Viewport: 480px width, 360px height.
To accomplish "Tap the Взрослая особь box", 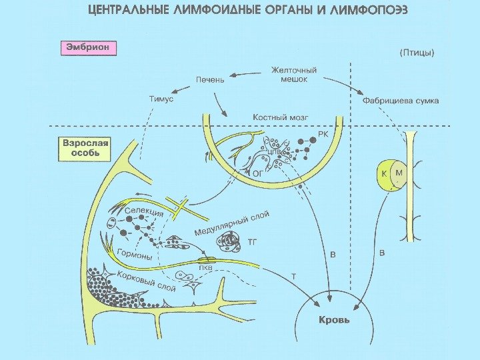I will tap(85, 148).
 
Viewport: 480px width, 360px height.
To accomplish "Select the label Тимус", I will tap(160, 98).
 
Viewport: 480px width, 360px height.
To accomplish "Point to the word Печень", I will tap(209, 79).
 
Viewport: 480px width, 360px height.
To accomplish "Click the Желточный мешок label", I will tap(293, 74).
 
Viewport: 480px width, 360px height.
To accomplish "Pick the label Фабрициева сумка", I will tap(400, 101).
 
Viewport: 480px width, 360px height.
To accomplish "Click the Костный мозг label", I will tap(280, 117).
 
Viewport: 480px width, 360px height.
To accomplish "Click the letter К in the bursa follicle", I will tap(384, 172).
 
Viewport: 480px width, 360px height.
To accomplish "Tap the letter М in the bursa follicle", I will tap(399, 171).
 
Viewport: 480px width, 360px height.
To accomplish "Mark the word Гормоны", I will tap(134, 255).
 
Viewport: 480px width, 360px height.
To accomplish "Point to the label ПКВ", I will tap(205, 268).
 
